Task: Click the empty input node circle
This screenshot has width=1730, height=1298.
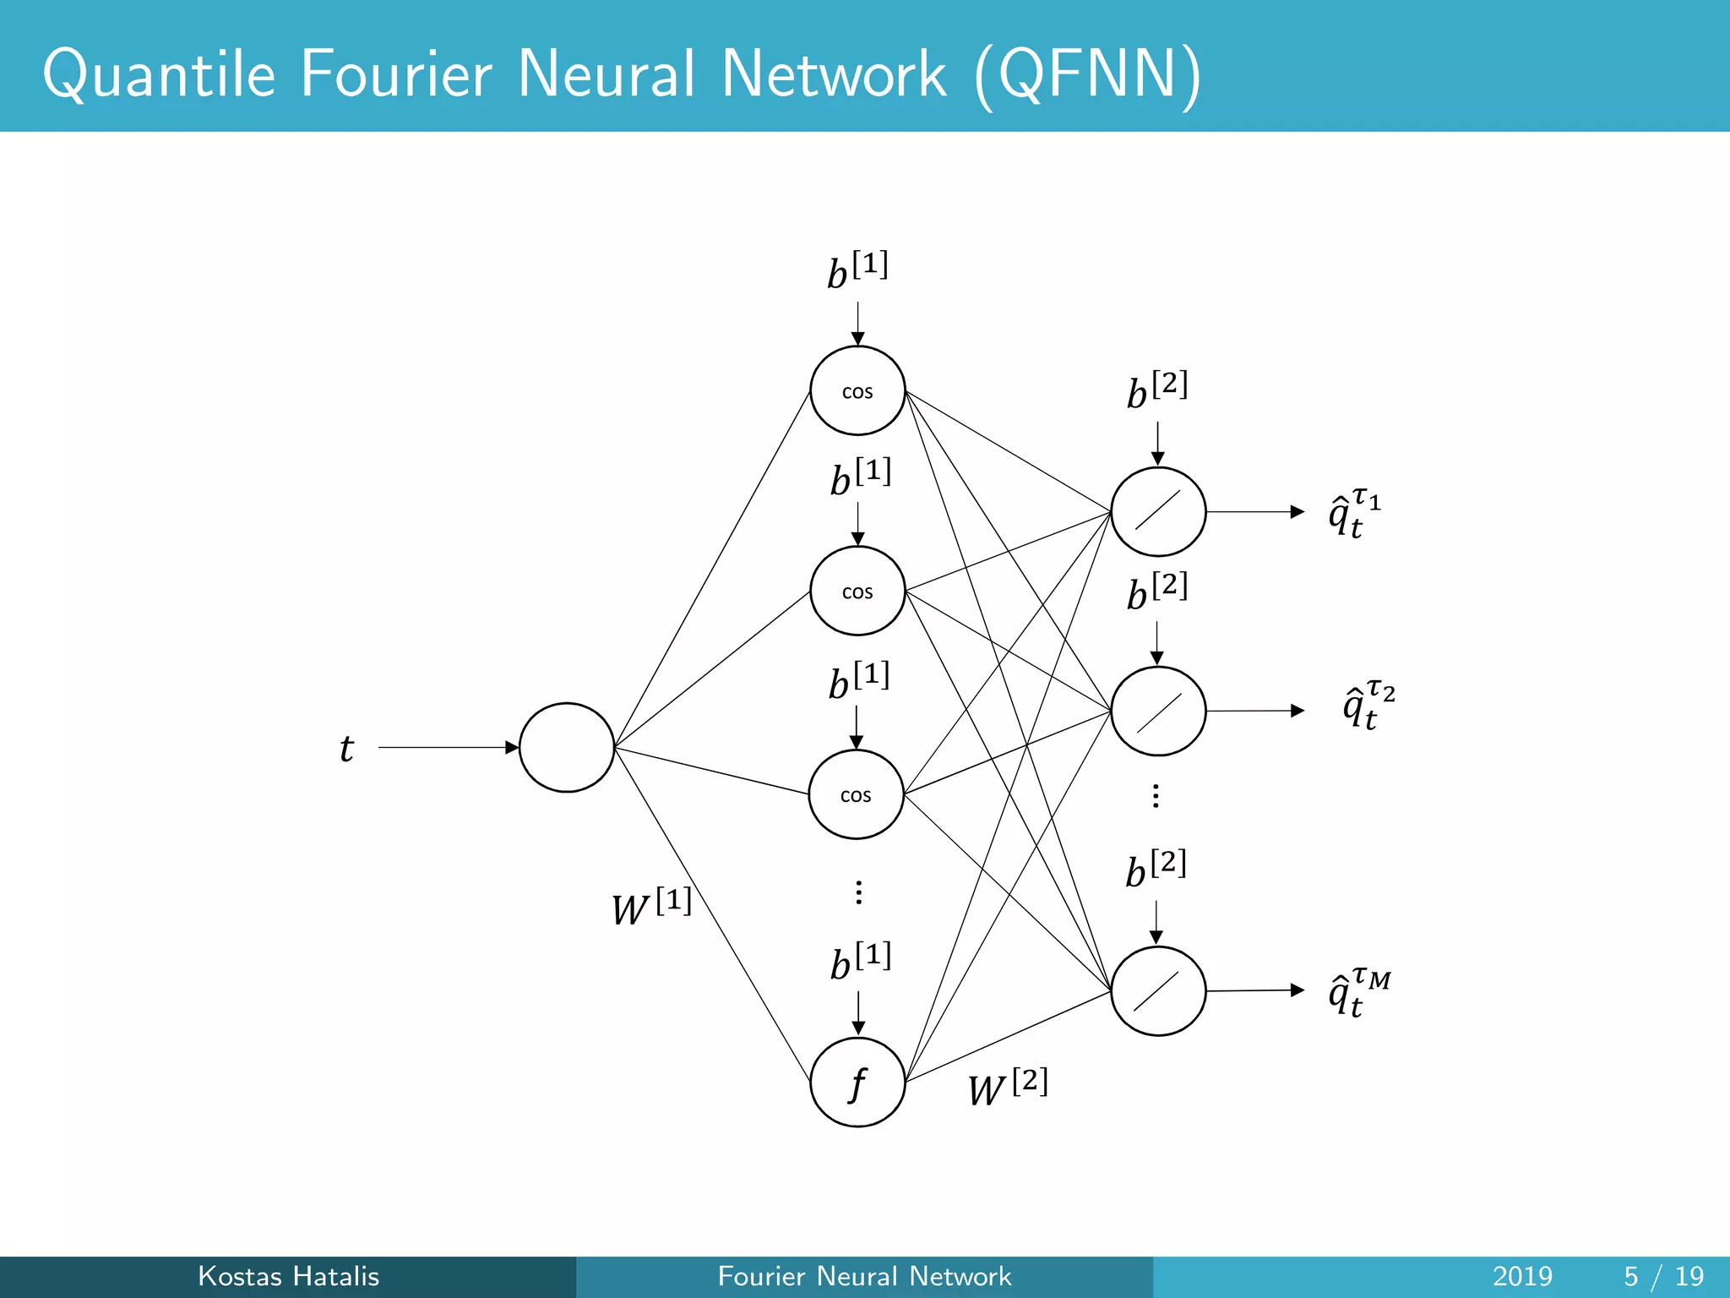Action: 566,747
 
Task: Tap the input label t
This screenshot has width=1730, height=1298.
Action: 346,749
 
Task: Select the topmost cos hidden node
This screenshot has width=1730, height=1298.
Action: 857,390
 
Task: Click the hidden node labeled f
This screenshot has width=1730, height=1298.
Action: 857,1083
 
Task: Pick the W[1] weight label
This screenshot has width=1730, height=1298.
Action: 650,907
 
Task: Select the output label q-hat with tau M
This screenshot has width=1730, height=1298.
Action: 1357,992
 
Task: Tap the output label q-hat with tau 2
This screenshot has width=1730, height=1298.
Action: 1368,704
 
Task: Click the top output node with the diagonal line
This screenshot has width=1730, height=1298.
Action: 1158,511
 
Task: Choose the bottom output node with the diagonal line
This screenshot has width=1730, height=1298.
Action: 1158,990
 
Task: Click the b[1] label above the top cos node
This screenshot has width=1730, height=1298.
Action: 857,271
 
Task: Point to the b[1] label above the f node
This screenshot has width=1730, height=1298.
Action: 860,962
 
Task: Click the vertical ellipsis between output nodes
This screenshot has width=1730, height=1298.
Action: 1156,796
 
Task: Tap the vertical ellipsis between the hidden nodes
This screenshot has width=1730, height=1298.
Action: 858,892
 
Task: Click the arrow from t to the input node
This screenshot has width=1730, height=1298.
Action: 448,747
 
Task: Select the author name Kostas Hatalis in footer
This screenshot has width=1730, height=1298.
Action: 288,1276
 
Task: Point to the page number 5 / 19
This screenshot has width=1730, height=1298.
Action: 1663,1276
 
